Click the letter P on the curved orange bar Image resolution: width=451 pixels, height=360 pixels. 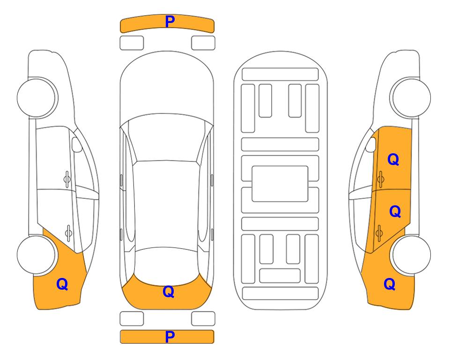point(170,22)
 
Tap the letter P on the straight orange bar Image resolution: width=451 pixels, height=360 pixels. point(170,337)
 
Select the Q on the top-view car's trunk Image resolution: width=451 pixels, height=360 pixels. point(169,292)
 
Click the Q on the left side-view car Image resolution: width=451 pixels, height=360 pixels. point(62,284)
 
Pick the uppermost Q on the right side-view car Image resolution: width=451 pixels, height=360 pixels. point(393,159)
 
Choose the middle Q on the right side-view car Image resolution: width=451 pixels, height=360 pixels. point(395,211)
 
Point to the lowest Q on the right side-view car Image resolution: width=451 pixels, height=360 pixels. point(390,284)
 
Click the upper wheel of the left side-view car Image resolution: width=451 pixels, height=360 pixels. point(36,97)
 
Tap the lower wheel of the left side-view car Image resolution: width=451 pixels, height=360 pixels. point(36,255)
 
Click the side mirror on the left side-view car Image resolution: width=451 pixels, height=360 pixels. point(76,144)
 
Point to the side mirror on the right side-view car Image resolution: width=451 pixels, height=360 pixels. point(371,144)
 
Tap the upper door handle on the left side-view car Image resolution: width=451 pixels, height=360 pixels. point(67,180)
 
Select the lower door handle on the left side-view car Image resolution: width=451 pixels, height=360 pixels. point(68,232)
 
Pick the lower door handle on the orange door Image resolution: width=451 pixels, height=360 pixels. point(379,232)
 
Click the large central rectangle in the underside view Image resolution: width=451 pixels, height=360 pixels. point(280,184)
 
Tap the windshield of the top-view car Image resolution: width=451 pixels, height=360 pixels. point(167,138)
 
